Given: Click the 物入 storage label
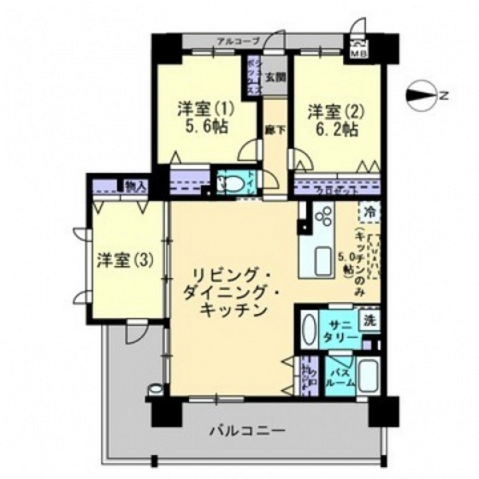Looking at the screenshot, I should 134,185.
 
